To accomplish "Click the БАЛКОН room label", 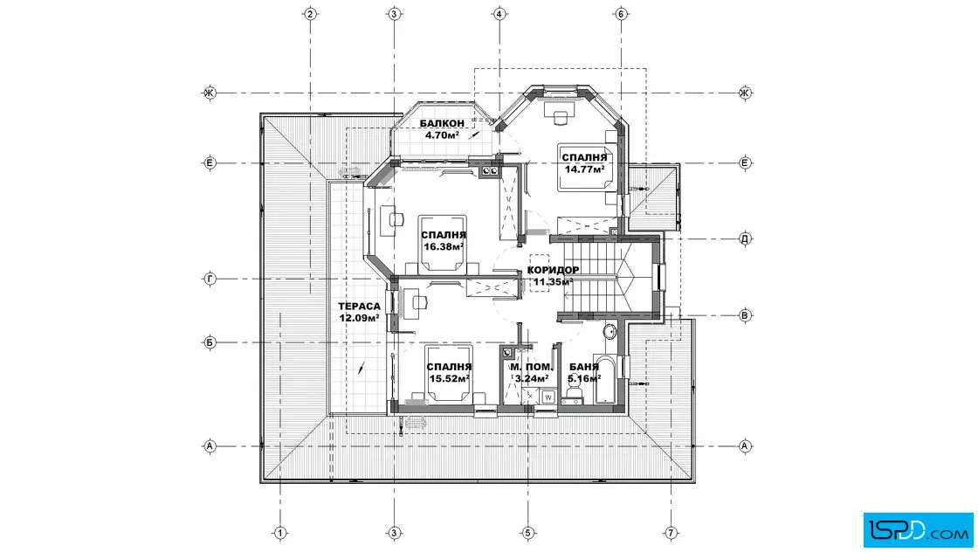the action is tap(442, 123).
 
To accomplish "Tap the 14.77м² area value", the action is tap(584, 169).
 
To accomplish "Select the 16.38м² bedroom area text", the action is tap(444, 246).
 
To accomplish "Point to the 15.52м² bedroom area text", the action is tap(449, 378).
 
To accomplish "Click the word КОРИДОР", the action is tap(553, 270).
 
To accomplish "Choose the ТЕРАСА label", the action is tap(359, 307).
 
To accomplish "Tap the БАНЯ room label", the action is tap(584, 367).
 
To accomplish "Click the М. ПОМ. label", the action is tap(531, 367).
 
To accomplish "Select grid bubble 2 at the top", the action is tap(311, 14).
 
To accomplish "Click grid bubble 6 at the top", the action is tap(621, 14).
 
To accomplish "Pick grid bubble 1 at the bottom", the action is tap(280, 533).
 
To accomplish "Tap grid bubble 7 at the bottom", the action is tap(672, 533).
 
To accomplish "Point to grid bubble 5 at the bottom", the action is tap(527, 533).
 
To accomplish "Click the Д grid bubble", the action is tap(745, 238).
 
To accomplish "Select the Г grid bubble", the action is tap(210, 279).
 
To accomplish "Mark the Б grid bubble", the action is tap(210, 342).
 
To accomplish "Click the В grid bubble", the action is tap(745, 315).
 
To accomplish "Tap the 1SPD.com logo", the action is tap(918, 530).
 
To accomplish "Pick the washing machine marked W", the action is tap(548, 396).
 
